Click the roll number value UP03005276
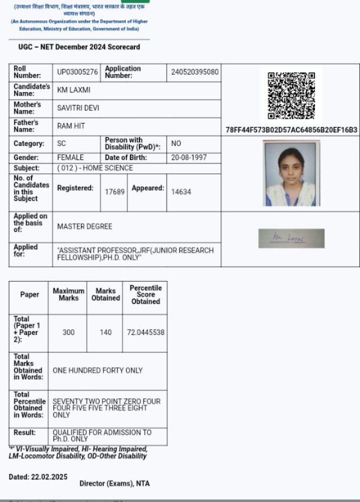(77, 72)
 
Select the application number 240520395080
(194, 72)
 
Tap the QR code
(291, 95)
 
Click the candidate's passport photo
(291, 173)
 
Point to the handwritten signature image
(291, 238)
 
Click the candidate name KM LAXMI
(73, 90)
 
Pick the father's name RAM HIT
(71, 126)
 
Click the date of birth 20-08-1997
(188, 157)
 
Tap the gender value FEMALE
(70, 157)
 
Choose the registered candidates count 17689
(114, 192)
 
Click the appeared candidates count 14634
(181, 192)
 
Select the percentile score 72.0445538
(145, 332)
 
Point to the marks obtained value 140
(105, 332)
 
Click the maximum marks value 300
(68, 332)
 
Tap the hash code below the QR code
(291, 130)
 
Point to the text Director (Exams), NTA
(114, 483)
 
